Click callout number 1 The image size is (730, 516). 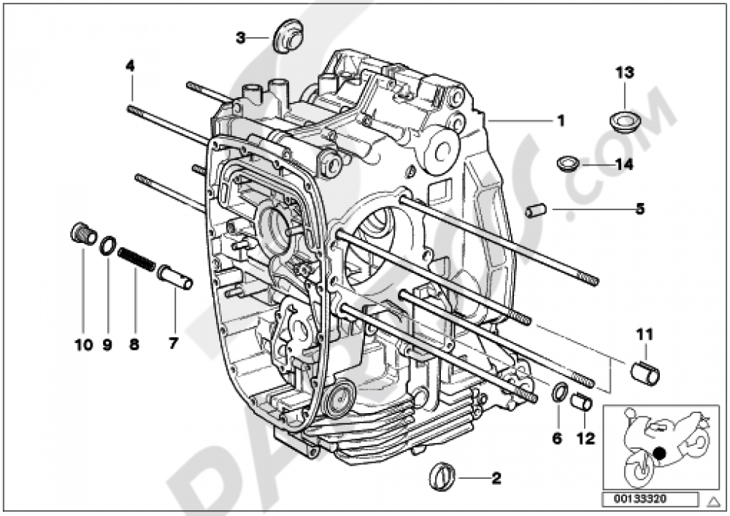(x=561, y=121)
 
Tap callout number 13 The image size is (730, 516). (x=624, y=72)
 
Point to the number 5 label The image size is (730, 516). (x=639, y=209)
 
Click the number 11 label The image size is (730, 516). (x=644, y=335)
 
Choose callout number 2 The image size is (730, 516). (x=496, y=479)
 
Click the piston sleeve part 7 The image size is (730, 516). (x=175, y=277)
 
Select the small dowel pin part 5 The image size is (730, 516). (x=536, y=211)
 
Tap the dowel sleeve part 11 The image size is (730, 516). (x=645, y=371)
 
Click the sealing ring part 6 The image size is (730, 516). (x=558, y=392)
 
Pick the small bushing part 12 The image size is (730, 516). (x=582, y=401)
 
